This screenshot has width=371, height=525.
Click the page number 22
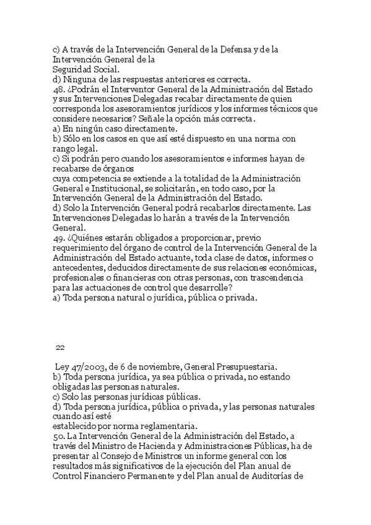click(60, 347)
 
